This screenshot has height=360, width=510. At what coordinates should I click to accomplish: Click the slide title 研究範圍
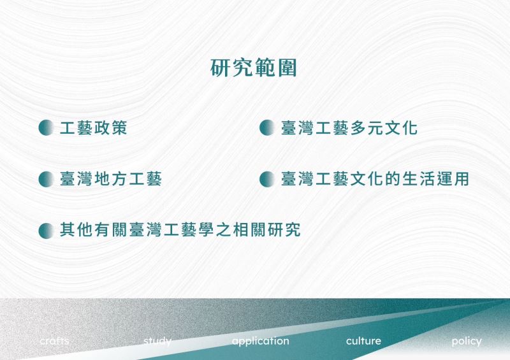pyautogui.click(x=253, y=68)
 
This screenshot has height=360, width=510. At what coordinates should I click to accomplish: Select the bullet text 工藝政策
pyautogui.click(x=93, y=127)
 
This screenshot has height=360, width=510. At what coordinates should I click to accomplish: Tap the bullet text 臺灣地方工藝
pyautogui.click(x=110, y=179)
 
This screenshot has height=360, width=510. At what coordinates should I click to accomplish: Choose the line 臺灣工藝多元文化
pyautogui.click(x=349, y=127)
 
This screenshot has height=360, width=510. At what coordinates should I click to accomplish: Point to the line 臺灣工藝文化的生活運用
pyautogui.click(x=375, y=179)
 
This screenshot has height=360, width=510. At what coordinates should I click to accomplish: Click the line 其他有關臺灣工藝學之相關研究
pyautogui.click(x=180, y=230)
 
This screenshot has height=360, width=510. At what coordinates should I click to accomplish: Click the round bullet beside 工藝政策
pyautogui.click(x=46, y=127)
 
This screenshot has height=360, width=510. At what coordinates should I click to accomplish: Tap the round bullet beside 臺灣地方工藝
pyautogui.click(x=46, y=179)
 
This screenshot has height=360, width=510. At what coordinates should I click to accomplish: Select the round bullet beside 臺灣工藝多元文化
pyautogui.click(x=267, y=127)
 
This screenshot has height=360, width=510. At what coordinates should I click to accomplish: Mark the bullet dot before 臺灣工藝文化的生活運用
pyautogui.click(x=267, y=179)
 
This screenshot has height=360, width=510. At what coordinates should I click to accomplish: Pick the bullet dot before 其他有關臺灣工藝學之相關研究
pyautogui.click(x=46, y=231)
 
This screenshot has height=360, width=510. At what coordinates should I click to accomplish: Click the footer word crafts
pyautogui.click(x=54, y=341)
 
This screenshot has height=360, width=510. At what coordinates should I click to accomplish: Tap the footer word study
pyautogui.click(x=157, y=342)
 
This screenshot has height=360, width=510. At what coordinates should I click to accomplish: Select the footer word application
pyautogui.click(x=261, y=342)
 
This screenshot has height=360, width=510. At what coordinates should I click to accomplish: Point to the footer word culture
pyautogui.click(x=363, y=341)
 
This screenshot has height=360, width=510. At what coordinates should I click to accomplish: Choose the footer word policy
pyautogui.click(x=467, y=342)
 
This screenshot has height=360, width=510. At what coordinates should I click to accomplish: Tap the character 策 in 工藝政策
pyautogui.click(x=119, y=127)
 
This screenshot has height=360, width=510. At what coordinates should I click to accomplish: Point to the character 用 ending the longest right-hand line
pyautogui.click(x=461, y=179)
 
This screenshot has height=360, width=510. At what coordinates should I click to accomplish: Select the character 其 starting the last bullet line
pyautogui.click(x=68, y=230)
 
